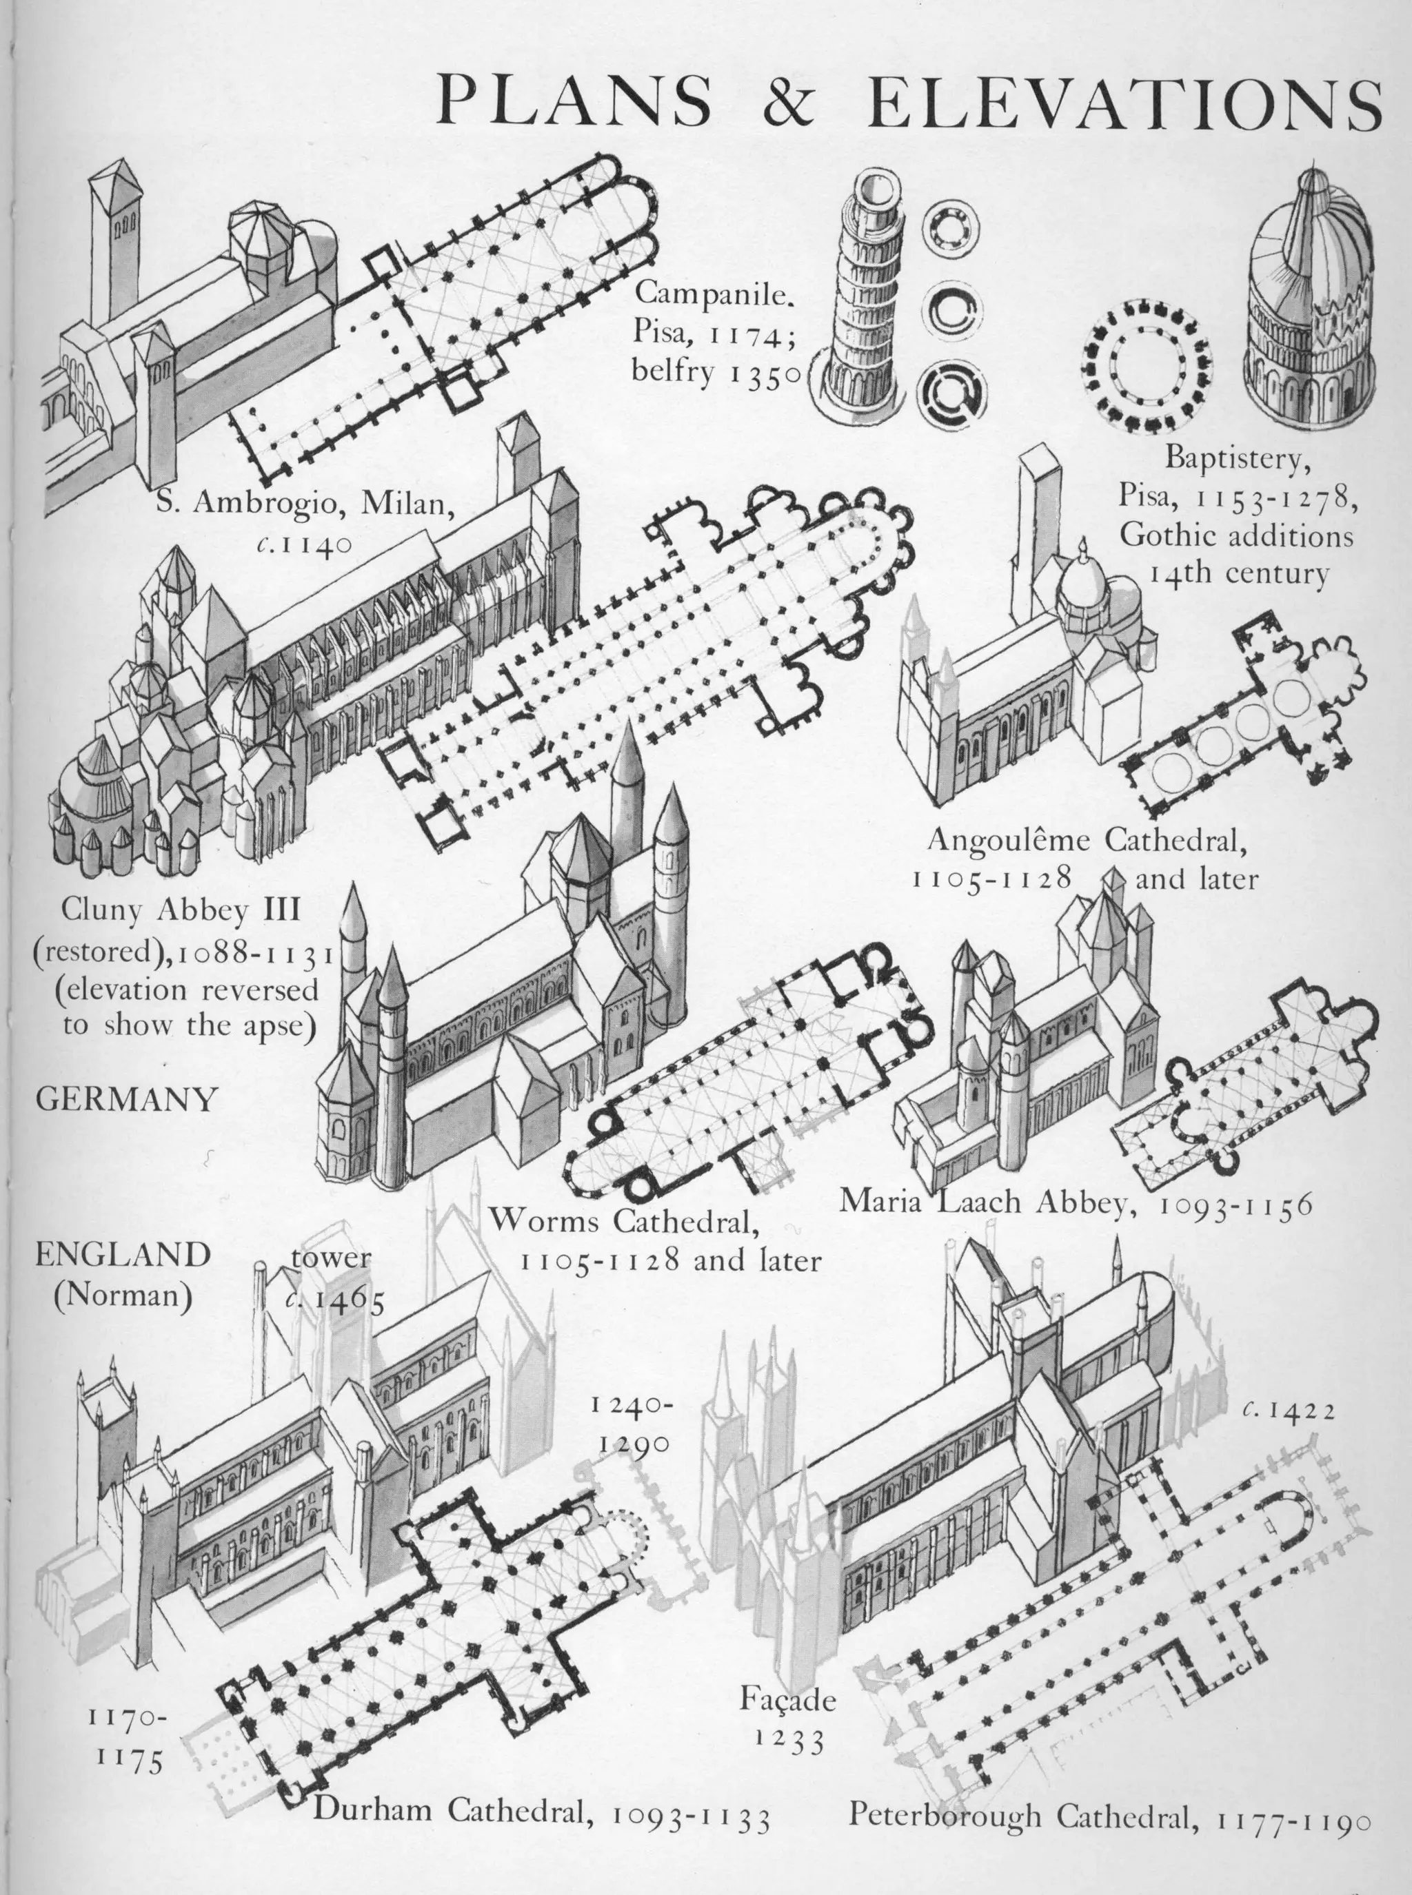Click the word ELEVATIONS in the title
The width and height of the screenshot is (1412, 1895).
click(1133, 100)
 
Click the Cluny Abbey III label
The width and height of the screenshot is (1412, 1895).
click(181, 911)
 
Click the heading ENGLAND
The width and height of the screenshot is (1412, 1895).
click(122, 1255)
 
